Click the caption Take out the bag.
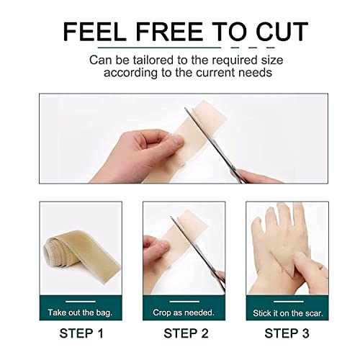[80, 313]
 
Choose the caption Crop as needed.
[184, 313]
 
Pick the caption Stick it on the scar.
[287, 313]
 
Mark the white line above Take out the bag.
[80, 300]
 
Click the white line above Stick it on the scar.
[287, 300]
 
